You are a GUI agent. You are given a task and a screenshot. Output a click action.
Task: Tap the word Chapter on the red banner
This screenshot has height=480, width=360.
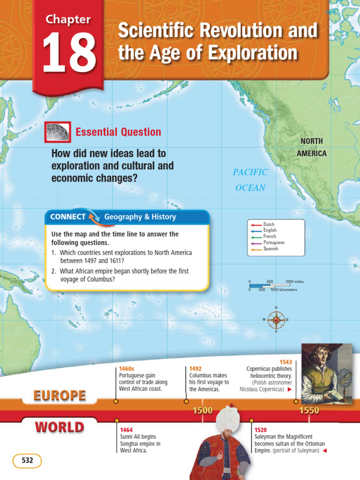(x=68, y=20)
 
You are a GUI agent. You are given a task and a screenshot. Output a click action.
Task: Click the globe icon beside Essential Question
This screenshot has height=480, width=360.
(x=57, y=132)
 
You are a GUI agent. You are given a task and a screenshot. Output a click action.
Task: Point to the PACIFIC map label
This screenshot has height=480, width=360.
(x=250, y=172)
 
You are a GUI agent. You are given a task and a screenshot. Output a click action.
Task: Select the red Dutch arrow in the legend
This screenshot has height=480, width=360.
(x=255, y=225)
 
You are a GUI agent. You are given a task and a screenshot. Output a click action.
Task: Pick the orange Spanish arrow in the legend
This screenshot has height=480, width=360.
(x=255, y=249)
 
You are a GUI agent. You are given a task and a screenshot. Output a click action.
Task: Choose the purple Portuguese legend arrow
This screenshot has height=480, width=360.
(x=255, y=243)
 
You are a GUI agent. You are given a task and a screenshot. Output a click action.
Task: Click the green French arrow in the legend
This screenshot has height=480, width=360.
(x=255, y=237)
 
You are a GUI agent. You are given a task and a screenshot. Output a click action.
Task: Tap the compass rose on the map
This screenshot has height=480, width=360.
(x=276, y=320)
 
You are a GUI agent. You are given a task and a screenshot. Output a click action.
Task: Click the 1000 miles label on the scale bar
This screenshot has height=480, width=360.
(x=294, y=282)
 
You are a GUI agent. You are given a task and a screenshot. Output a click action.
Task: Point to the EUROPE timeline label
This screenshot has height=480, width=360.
(x=60, y=396)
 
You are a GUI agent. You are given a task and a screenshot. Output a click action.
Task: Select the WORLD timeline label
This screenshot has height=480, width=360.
(x=60, y=427)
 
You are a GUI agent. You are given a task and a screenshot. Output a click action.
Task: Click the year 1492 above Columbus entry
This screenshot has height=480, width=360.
(x=195, y=369)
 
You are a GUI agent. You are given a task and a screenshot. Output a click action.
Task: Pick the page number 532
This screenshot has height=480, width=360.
(x=27, y=461)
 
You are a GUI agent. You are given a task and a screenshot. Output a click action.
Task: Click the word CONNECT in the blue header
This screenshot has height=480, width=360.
(x=67, y=217)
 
